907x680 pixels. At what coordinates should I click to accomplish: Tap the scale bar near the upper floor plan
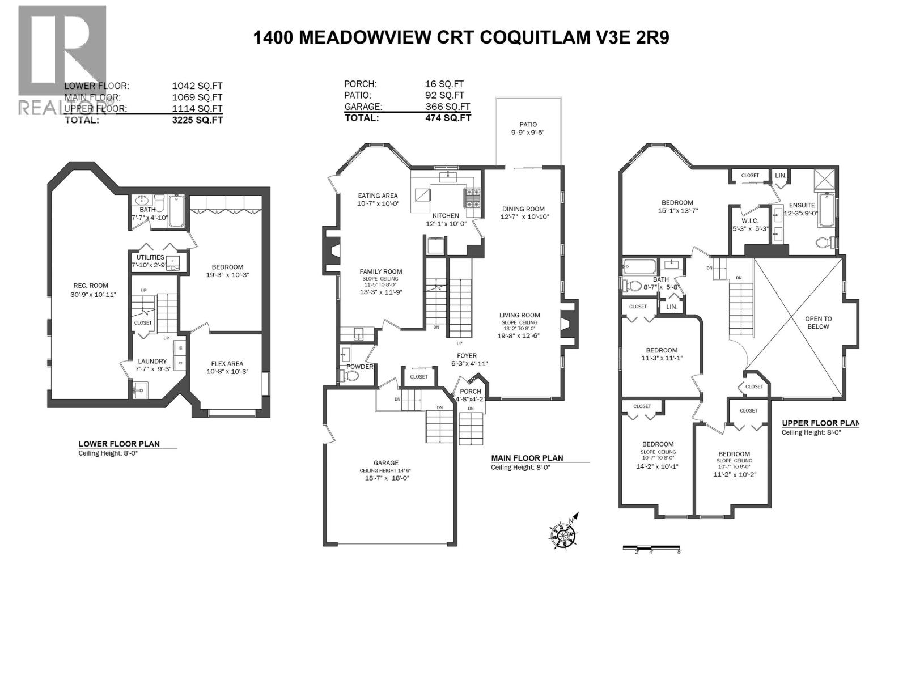[652, 548]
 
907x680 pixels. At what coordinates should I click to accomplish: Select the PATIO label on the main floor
[528, 125]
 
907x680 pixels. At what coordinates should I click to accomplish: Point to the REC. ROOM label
[91, 286]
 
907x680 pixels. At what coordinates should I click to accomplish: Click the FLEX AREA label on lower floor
[227, 364]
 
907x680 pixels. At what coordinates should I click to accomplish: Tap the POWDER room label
[360, 367]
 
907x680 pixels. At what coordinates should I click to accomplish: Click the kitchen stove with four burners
[473, 198]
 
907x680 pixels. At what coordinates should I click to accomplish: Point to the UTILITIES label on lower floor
[150, 257]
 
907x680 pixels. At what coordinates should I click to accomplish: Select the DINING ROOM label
[523, 209]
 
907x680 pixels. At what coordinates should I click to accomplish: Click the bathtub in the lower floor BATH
[176, 211]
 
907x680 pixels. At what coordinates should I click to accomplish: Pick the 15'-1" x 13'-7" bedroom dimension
[677, 211]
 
